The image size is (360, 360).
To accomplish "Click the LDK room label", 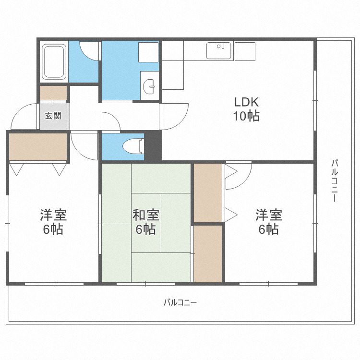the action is coord(246,102).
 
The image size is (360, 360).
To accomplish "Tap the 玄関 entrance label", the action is coord(53,116).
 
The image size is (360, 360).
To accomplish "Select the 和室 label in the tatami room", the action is coord(146,215).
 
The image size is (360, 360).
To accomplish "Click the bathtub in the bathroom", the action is coord(54,61).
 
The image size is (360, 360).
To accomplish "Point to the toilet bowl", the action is coord(133,146).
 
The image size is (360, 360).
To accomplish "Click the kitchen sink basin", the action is coord(218,51).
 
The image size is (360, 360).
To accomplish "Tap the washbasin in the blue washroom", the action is coord(149,86).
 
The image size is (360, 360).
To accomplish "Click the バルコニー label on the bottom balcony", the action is coord(180,302).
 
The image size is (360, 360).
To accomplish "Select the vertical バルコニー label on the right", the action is coord(334,181).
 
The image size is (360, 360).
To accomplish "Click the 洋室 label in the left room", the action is coord(53,215).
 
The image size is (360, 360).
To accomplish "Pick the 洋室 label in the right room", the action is coord(269,215).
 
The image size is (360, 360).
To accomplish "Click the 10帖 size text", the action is coord(246,116).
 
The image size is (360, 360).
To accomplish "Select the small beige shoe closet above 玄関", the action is coord(53,93).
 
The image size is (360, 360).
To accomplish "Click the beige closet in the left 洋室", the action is coord(38,147).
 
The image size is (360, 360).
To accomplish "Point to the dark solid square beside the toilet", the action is coord(153,146).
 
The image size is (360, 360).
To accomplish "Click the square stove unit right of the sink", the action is coord(245,51).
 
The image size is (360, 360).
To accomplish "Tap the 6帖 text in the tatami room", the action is coord(146,229).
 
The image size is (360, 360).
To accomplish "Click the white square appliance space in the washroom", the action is coord(148,52).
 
